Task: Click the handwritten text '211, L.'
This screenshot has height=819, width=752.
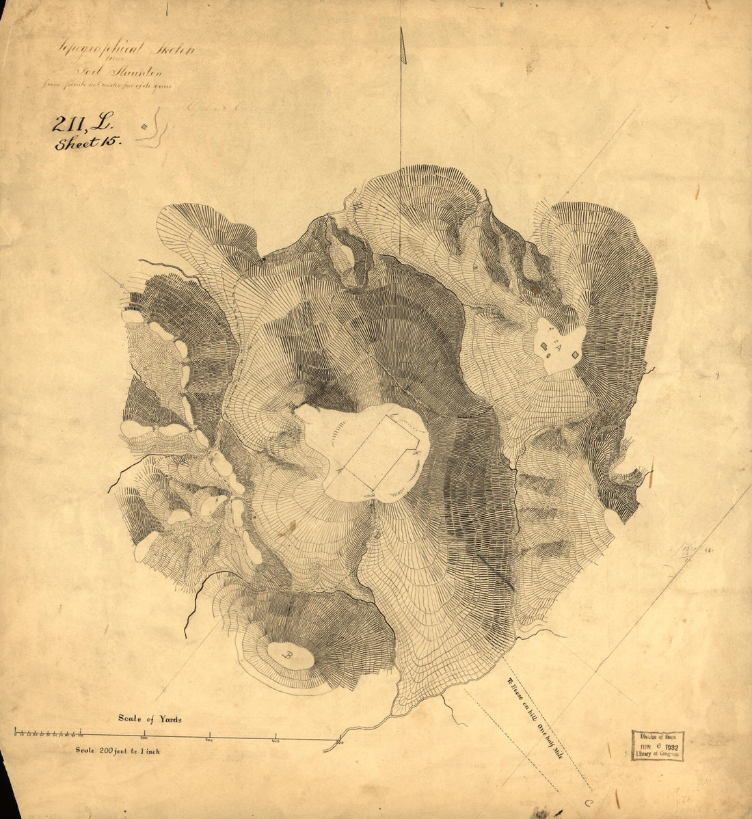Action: point(77,123)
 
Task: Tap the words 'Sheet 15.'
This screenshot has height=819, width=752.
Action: point(88,143)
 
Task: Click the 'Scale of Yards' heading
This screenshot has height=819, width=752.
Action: point(150,719)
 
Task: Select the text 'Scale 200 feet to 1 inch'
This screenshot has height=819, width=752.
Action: point(118,751)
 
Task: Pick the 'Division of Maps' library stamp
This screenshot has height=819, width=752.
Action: point(657,737)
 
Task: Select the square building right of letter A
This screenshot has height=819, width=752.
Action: point(575,354)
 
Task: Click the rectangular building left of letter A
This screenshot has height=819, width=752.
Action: point(544,347)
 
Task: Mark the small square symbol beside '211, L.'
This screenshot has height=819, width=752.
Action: point(144,126)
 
